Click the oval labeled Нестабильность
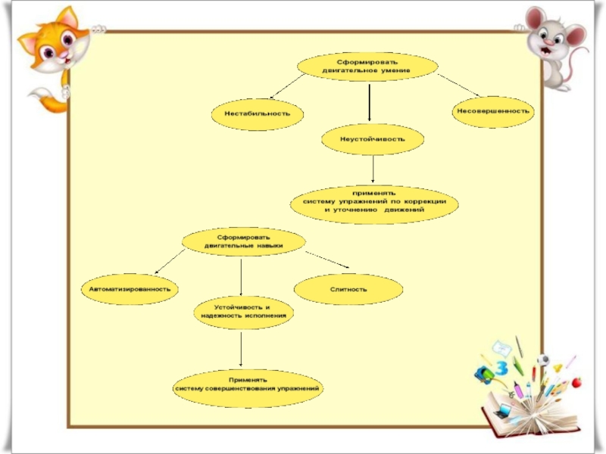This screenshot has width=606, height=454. (x=258, y=113)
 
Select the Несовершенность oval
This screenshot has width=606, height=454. (x=493, y=111)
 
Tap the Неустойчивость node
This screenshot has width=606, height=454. (x=373, y=139)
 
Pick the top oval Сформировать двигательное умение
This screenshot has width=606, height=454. (x=367, y=66)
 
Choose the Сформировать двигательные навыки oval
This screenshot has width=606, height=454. (x=244, y=241)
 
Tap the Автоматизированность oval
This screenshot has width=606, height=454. (x=130, y=288)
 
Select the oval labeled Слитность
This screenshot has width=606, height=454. (x=348, y=289)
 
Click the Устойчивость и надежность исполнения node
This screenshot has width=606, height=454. (x=243, y=312)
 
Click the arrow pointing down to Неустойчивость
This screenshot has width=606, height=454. (x=369, y=102)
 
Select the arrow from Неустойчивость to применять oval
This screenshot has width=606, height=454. (x=373, y=170)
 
